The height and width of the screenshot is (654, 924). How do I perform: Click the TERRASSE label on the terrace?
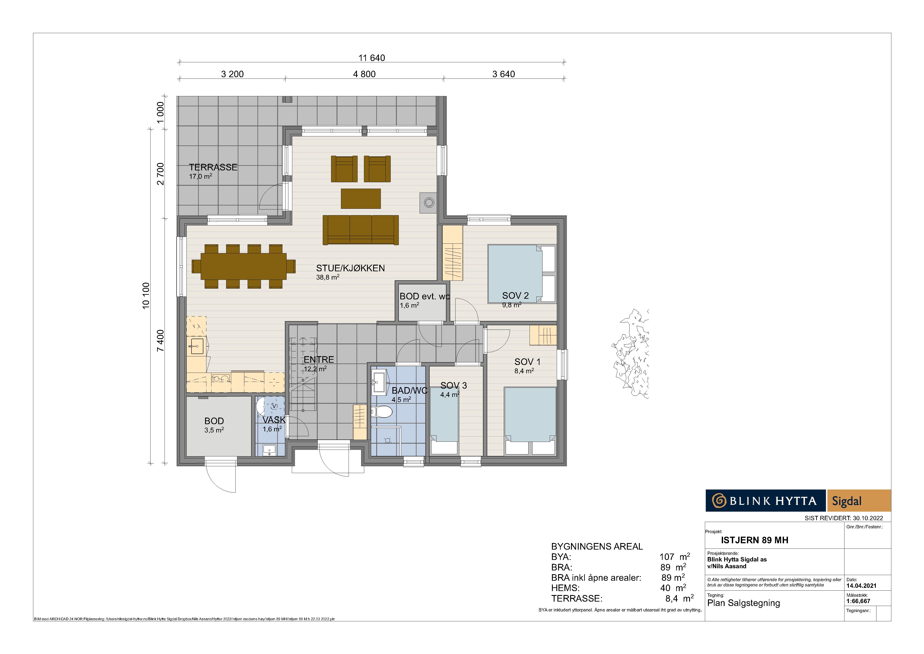point(213,167)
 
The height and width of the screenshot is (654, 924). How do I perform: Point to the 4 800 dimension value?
point(364,74)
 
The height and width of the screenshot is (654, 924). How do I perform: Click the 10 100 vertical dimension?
point(146,296)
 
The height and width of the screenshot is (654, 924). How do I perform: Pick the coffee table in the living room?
point(361,198)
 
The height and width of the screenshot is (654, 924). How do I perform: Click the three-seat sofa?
point(361,230)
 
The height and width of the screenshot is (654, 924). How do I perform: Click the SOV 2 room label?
point(515,296)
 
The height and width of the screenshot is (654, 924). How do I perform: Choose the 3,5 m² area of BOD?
point(214,430)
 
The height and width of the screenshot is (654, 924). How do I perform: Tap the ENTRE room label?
point(319,360)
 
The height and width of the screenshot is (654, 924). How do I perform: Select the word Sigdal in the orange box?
point(847,501)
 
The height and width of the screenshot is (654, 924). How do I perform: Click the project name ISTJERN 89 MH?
point(755,540)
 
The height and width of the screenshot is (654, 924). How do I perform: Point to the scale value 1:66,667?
point(858,601)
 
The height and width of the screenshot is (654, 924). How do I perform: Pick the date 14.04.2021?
point(862,586)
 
